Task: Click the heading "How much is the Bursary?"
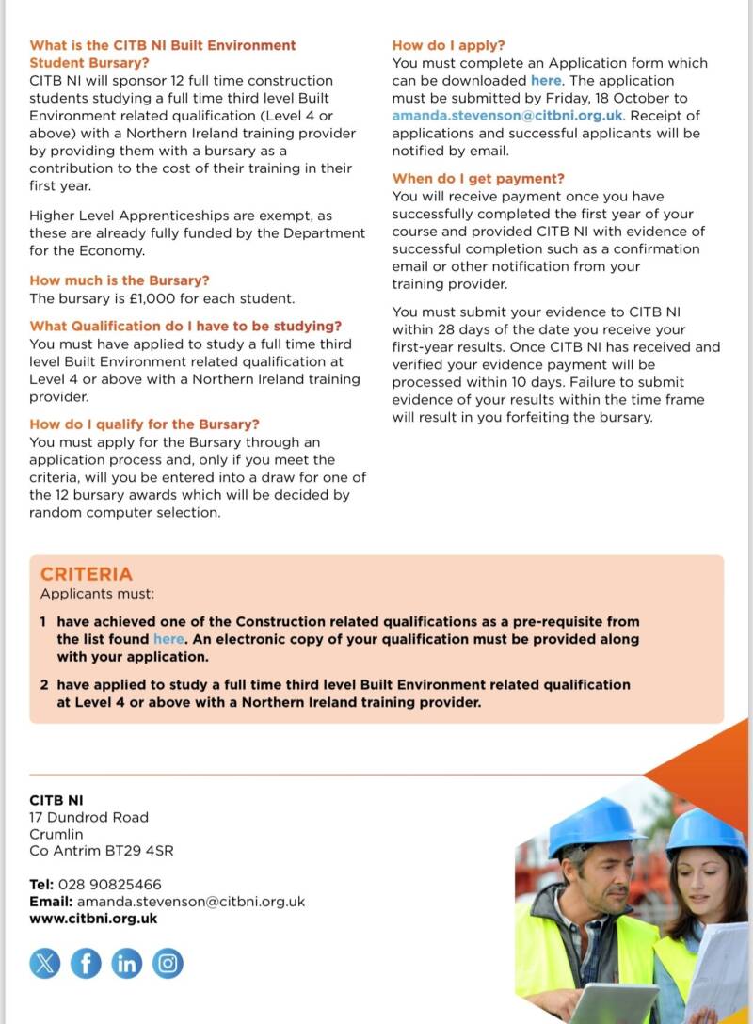(120, 280)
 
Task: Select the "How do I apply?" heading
(448, 45)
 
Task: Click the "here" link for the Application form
(546, 81)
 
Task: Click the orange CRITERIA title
(87, 574)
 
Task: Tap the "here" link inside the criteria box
(168, 639)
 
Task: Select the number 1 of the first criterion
(43, 621)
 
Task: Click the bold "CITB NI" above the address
(56, 800)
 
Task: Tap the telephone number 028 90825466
(109, 885)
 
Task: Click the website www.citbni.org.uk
(93, 919)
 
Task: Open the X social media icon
(44, 963)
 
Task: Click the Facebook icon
(86, 963)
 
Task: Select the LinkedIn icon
(127, 963)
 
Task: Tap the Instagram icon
(168, 963)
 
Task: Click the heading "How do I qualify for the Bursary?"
(145, 424)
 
